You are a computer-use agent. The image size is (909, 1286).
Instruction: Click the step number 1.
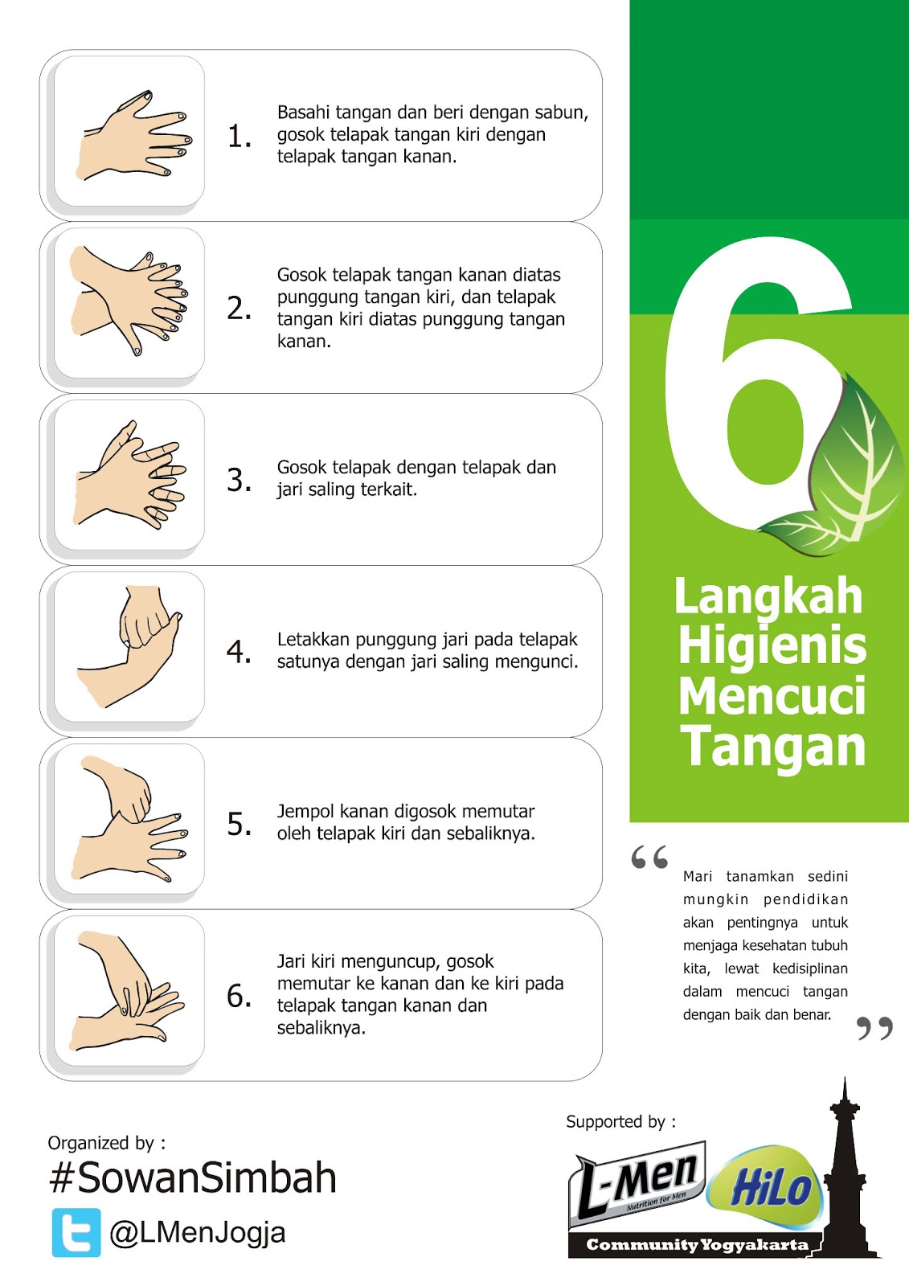click(x=240, y=137)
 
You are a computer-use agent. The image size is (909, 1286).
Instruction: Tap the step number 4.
click(x=239, y=652)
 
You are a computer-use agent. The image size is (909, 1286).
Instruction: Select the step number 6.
click(x=239, y=996)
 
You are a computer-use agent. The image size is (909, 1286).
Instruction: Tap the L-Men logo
click(x=637, y=1186)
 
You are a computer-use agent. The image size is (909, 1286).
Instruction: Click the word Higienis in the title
click(x=772, y=646)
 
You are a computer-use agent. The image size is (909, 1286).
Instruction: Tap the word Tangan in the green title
click(x=772, y=746)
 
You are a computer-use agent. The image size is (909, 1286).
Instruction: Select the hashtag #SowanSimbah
click(x=192, y=1177)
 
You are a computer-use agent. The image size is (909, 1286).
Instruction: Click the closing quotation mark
click(x=874, y=1028)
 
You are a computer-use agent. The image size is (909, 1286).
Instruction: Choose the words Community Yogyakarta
click(x=697, y=1245)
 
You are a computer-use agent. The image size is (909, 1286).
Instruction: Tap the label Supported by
click(x=620, y=1121)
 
